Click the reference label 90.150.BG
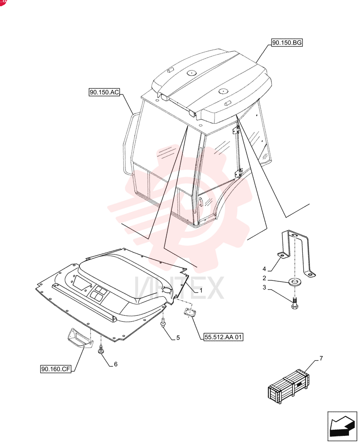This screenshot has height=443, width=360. point(287,43)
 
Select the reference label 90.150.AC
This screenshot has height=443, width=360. point(104,92)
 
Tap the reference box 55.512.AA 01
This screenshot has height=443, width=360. point(223,337)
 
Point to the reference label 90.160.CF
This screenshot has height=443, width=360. point(55,369)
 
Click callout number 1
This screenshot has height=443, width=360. point(201,291)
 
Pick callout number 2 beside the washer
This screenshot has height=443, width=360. point(264,278)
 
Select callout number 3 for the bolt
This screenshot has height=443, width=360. point(264,288)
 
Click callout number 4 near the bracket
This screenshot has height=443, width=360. point(264,269)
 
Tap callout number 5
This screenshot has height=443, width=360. point(178,338)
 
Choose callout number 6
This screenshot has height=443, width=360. point(116,364)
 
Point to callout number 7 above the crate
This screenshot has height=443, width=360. point(321,358)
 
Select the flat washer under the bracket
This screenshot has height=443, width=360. point(295,282)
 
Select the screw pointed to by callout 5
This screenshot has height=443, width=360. point(163,323)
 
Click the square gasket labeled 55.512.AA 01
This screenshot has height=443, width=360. point(188,311)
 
